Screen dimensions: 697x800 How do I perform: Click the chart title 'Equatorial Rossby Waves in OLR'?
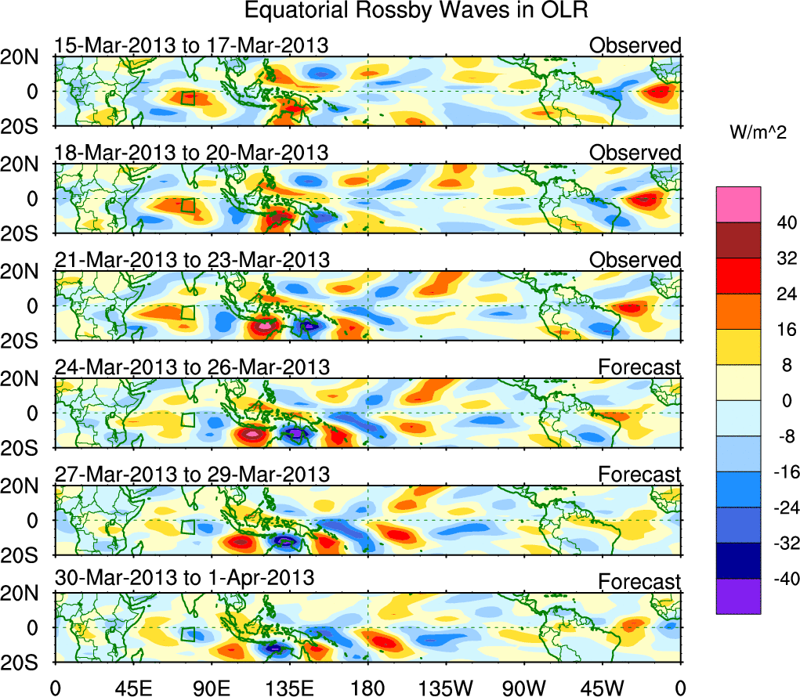[x=415, y=12]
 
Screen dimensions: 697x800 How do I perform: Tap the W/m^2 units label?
[x=758, y=135]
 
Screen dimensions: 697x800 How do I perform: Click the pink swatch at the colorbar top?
[x=737, y=204]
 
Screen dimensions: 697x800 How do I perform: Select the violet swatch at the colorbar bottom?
[x=737, y=596]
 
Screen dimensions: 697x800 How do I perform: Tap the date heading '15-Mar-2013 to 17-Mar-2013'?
[x=191, y=45]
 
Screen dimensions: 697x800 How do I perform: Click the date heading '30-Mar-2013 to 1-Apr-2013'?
[x=184, y=578]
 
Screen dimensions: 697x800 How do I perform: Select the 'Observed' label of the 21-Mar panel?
[x=635, y=260]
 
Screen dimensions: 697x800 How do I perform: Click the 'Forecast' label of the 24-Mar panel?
[x=639, y=367]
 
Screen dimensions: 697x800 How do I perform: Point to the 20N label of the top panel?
[x=25, y=56]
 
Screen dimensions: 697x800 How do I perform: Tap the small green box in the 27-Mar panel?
[x=187, y=527]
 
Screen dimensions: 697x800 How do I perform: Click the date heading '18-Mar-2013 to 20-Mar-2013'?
[x=191, y=153]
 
